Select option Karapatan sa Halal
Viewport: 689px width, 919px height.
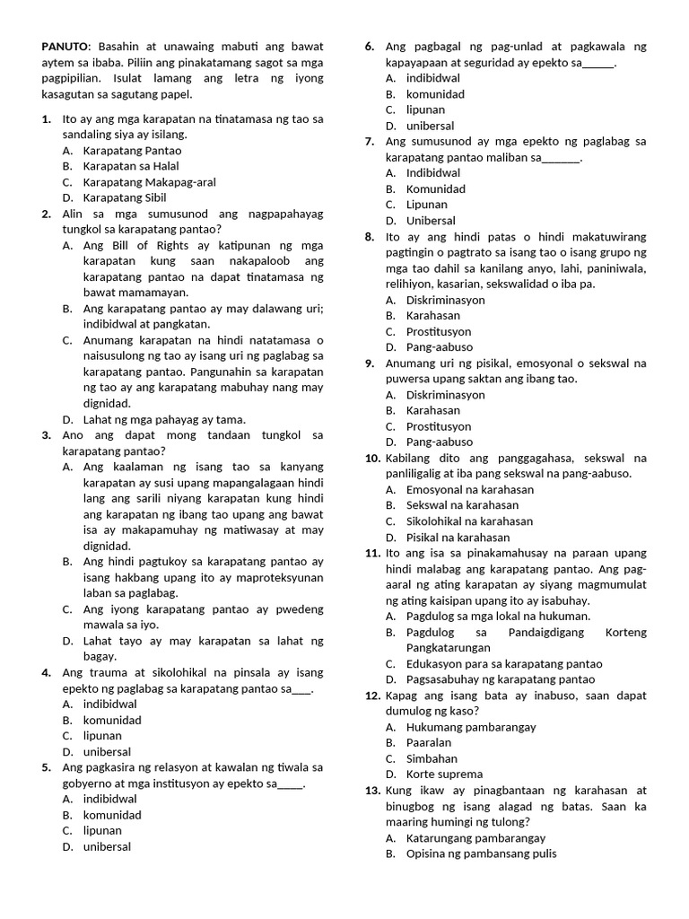[x=130, y=166]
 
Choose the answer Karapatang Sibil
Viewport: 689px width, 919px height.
[x=124, y=197]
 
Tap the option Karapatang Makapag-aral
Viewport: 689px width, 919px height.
[x=149, y=182]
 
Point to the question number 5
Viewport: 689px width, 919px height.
[x=46, y=767]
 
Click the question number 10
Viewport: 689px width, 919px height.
[x=373, y=458]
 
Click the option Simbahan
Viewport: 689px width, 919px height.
[x=432, y=758]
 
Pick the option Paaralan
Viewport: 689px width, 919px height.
[x=429, y=742]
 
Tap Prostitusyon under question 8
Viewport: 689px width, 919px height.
[x=438, y=331]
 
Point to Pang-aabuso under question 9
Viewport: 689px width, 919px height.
[x=439, y=442]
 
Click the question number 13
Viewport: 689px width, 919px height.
[x=373, y=791]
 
